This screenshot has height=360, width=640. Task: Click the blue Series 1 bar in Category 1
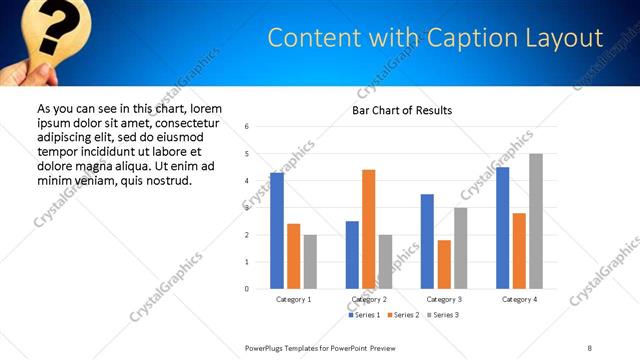(x=277, y=231)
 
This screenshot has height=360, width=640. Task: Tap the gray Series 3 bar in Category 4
(x=536, y=221)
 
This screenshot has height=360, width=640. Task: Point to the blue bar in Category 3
(x=427, y=241)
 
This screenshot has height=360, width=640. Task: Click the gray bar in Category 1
(x=310, y=262)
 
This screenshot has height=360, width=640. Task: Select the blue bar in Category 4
(x=503, y=228)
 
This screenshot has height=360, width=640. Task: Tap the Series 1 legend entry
(x=365, y=315)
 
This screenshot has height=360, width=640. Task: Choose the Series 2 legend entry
(x=404, y=315)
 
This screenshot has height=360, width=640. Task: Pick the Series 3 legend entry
(x=443, y=315)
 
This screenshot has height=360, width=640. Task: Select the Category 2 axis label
(x=369, y=299)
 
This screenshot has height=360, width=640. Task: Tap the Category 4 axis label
(x=519, y=299)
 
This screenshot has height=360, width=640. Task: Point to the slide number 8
(x=589, y=346)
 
